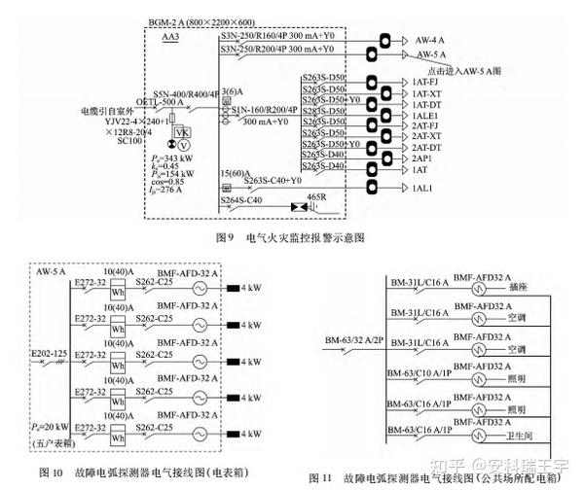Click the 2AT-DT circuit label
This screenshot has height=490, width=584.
(x=427, y=147)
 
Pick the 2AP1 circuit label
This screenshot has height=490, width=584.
(x=422, y=157)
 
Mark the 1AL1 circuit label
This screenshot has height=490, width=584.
(x=422, y=187)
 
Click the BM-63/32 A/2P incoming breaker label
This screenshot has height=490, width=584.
(x=351, y=339)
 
